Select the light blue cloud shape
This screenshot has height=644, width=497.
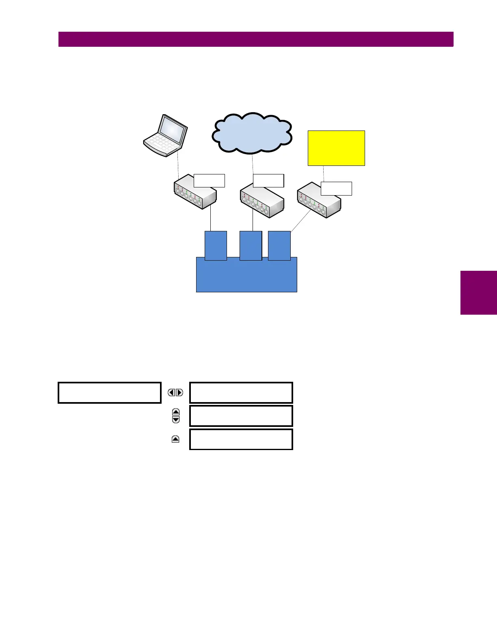click(x=252, y=133)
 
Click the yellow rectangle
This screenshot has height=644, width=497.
click(x=336, y=148)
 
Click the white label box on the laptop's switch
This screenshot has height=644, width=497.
click(x=209, y=181)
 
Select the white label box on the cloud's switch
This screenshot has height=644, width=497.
click(x=268, y=181)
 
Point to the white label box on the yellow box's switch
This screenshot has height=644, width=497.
click(x=336, y=189)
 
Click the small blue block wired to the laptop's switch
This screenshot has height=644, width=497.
click(x=216, y=245)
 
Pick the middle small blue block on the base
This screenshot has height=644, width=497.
click(x=251, y=245)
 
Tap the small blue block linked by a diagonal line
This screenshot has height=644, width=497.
click(x=279, y=245)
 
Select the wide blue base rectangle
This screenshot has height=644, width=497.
click(x=246, y=276)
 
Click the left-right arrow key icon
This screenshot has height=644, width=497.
click(x=175, y=393)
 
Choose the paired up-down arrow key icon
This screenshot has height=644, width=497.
click(x=176, y=416)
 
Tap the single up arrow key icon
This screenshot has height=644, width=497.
click(x=175, y=439)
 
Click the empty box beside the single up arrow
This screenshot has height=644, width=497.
click(x=241, y=439)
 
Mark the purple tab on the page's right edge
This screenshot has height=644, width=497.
click(x=479, y=292)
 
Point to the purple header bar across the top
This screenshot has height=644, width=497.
click(x=256, y=39)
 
